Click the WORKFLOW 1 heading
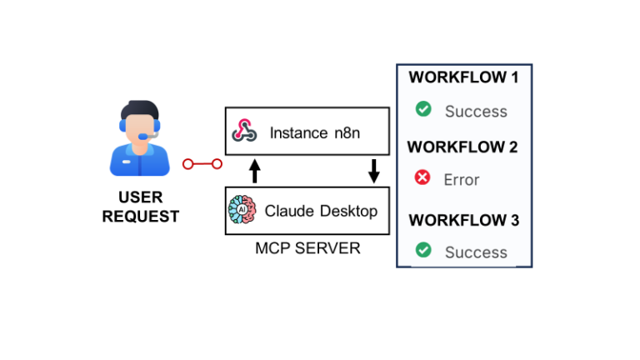[463, 77]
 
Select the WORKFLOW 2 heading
[462, 147]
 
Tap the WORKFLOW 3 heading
[463, 220]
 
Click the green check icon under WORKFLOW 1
[423, 109]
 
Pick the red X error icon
[423, 177]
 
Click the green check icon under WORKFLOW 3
[423, 249]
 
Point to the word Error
[462, 179]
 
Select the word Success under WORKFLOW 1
[475, 111]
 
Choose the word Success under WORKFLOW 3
[475, 252]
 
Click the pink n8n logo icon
[243, 131]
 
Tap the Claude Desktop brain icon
[242, 211]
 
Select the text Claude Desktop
[320, 211]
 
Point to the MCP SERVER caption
[307, 248]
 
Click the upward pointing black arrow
[256, 171]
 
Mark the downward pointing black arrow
[373, 171]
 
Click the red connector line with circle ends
[202, 164]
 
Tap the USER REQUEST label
[140, 207]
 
